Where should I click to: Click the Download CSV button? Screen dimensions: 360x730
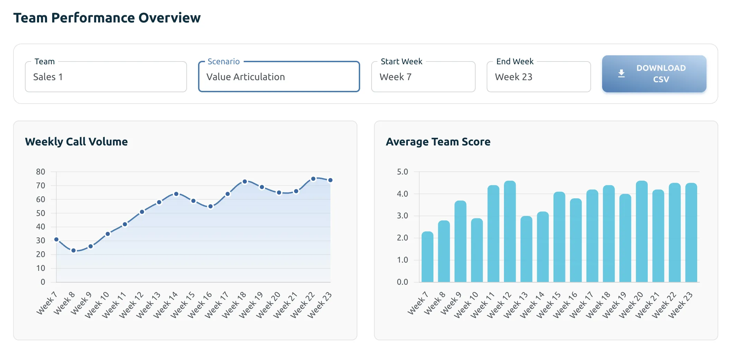click(x=654, y=74)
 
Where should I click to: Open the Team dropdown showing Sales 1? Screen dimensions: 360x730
click(x=106, y=77)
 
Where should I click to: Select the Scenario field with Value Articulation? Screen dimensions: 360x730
click(x=279, y=77)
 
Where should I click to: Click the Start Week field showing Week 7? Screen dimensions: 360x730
click(x=423, y=77)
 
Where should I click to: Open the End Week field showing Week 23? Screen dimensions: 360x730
click(x=539, y=77)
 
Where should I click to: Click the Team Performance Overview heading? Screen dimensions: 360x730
click(x=107, y=18)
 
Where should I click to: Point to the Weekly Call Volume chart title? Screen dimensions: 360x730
click(x=76, y=142)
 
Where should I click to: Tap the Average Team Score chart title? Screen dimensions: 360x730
click(x=438, y=142)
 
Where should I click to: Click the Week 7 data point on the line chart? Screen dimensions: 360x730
click(x=56, y=239)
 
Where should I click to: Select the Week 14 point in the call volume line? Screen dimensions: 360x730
click(x=176, y=194)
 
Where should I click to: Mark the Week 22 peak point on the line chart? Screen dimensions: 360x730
click(x=313, y=179)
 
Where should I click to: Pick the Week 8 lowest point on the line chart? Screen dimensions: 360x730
click(x=73, y=250)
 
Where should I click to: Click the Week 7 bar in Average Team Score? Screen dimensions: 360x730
click(x=427, y=257)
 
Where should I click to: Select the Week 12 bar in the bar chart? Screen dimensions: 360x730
click(x=510, y=231)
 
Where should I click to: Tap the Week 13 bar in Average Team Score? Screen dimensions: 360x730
click(x=526, y=249)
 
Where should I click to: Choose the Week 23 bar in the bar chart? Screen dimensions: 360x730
click(x=691, y=233)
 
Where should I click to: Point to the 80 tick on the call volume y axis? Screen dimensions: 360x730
click(x=40, y=172)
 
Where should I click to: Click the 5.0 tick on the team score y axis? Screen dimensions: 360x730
click(x=402, y=172)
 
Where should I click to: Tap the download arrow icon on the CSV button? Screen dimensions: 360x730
click(x=621, y=73)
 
